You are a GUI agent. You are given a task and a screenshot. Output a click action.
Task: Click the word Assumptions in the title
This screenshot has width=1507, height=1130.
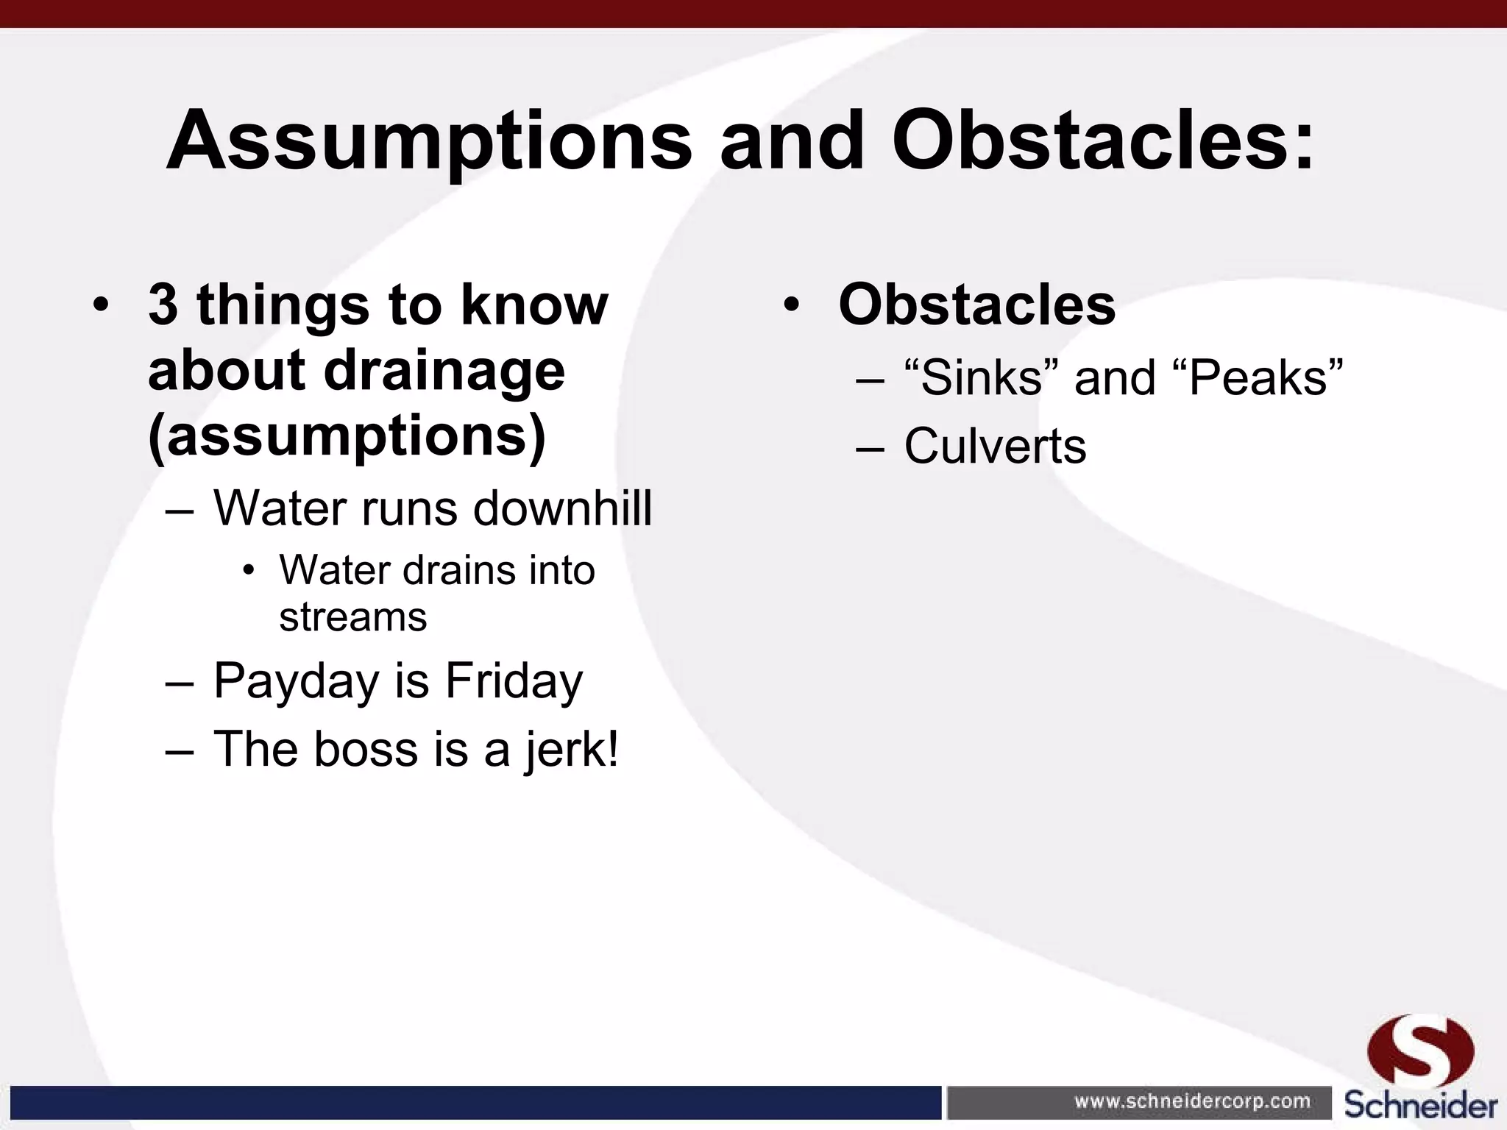pyautogui.click(x=428, y=141)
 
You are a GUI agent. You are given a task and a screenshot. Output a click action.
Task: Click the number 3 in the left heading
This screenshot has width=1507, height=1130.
pyautogui.click(x=163, y=305)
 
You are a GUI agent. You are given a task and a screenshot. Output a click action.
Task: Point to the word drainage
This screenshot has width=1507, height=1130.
pyautogui.click(x=444, y=372)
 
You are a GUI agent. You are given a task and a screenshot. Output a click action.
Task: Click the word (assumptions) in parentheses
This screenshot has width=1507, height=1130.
pyautogui.click(x=347, y=436)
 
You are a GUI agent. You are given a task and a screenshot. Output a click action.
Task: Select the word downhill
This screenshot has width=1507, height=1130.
pyautogui.click(x=562, y=508)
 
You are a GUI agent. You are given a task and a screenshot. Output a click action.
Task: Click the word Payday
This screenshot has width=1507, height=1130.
pyautogui.click(x=297, y=681)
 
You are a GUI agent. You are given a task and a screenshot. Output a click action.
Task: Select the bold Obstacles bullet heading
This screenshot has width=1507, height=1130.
pyautogui.click(x=976, y=305)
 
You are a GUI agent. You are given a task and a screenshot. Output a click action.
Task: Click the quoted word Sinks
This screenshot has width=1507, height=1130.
pyautogui.click(x=982, y=377)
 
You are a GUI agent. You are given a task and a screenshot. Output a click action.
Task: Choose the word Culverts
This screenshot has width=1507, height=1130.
pyautogui.click(x=994, y=446)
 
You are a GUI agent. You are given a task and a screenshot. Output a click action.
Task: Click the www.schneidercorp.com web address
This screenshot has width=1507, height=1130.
pyautogui.click(x=1192, y=1101)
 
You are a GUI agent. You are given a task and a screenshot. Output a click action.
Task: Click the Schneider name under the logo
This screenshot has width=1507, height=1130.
pyautogui.click(x=1420, y=1104)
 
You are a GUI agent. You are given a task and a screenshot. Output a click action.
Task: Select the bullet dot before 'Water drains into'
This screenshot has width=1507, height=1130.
pyautogui.click(x=249, y=571)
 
